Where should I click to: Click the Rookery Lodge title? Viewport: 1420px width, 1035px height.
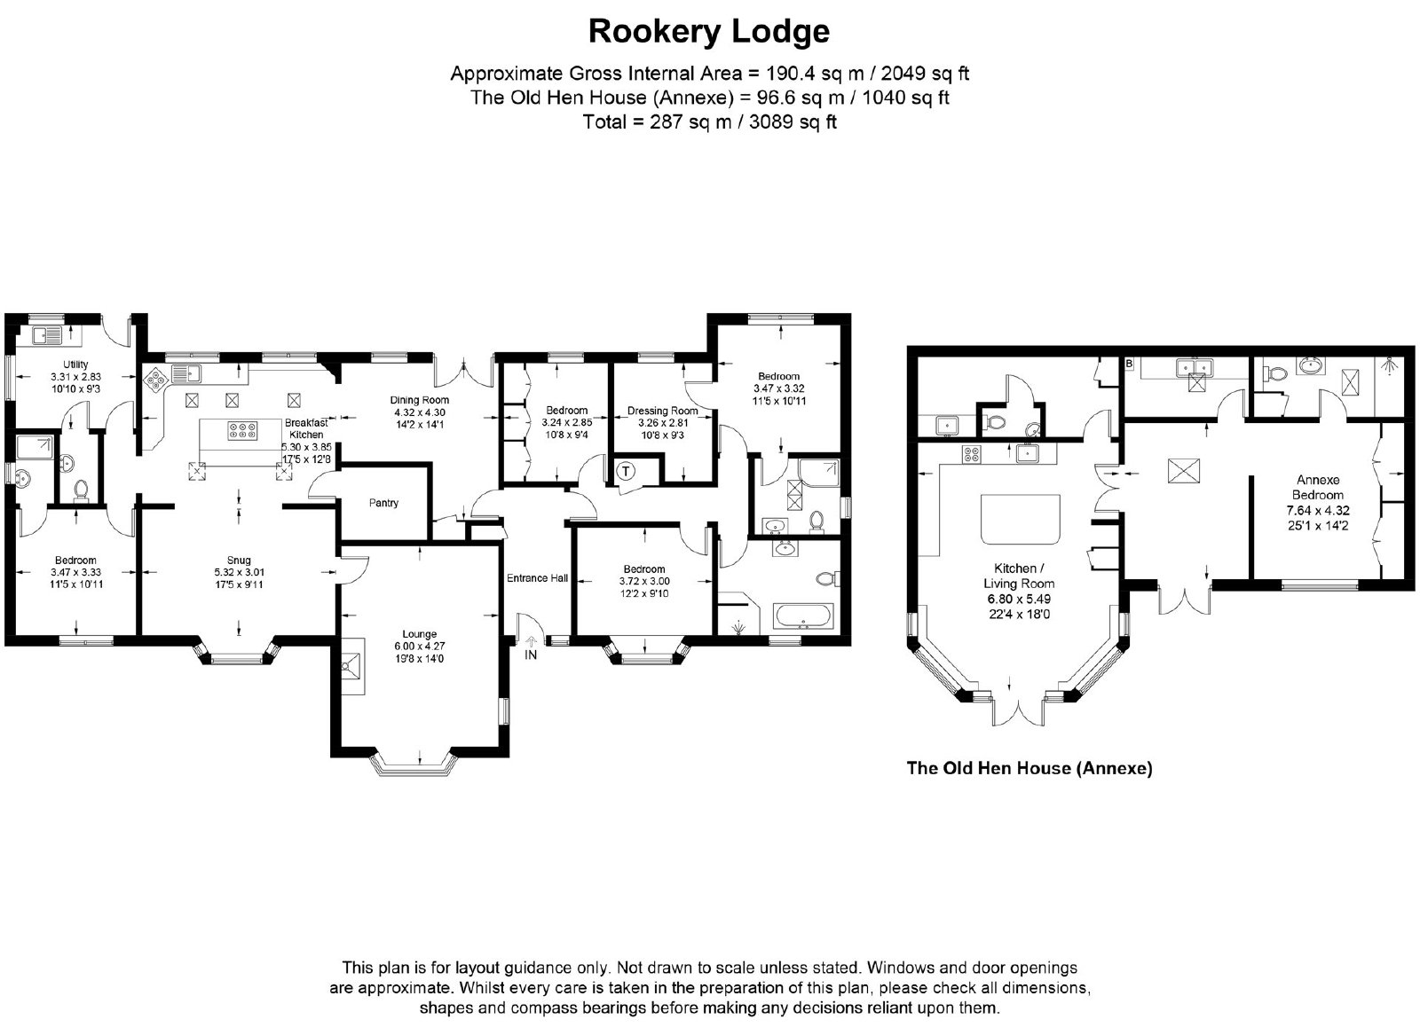pyautogui.click(x=709, y=32)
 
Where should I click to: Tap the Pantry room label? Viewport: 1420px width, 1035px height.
pyautogui.click(x=383, y=503)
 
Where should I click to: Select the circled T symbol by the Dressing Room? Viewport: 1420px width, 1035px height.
pyautogui.click(x=626, y=471)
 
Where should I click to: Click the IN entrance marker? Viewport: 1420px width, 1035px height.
pyautogui.click(x=531, y=655)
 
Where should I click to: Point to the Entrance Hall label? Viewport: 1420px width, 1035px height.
pyautogui.click(x=537, y=578)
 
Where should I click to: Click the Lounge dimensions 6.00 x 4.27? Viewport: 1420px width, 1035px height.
pyautogui.click(x=419, y=647)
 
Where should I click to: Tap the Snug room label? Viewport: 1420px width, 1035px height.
pyautogui.click(x=239, y=561)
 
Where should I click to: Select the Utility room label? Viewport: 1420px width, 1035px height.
pyautogui.click(x=75, y=365)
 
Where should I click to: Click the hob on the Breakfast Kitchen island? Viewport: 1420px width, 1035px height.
pyautogui.click(x=243, y=431)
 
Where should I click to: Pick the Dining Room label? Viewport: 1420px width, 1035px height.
pyautogui.click(x=419, y=400)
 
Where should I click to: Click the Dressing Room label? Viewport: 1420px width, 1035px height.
pyautogui.click(x=662, y=412)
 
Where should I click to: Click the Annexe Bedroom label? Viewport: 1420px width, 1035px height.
pyautogui.click(x=1318, y=488)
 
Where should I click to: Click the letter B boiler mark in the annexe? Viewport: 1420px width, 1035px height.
pyautogui.click(x=1128, y=365)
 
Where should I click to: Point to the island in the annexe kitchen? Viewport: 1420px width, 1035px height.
pyautogui.click(x=1020, y=520)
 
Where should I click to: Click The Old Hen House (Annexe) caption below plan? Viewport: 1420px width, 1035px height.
pyautogui.click(x=1029, y=768)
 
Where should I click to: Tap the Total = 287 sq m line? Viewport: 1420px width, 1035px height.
pyautogui.click(x=709, y=122)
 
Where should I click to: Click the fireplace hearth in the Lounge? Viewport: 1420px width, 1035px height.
pyautogui.click(x=353, y=666)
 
